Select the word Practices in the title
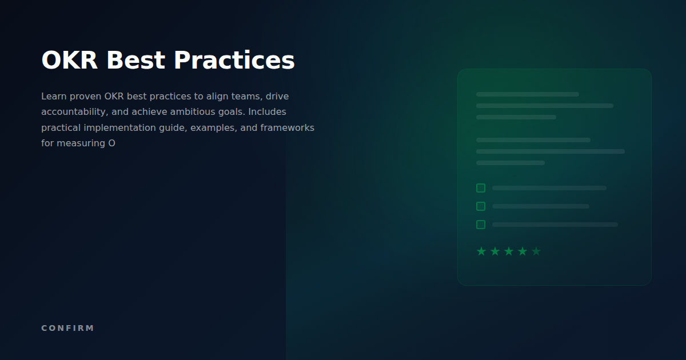pos(234,60)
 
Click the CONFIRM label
pos(67,328)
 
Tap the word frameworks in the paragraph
pos(287,128)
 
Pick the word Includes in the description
pos(267,112)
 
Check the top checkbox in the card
pos(481,188)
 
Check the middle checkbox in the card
pos(481,206)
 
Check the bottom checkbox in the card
pos(481,225)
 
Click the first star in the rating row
pos(481,251)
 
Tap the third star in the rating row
pos(509,251)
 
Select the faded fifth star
pos(536,251)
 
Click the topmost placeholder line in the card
pos(527,94)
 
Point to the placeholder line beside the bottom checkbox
pos(555,225)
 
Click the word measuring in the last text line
pos(81,143)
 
